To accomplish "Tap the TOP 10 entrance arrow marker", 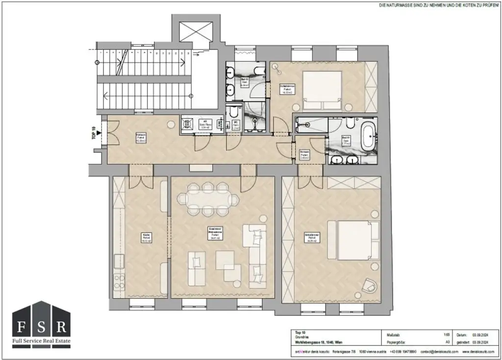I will [x=99, y=132].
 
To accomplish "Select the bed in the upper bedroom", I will [x=322, y=91].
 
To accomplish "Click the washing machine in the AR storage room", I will [x=187, y=124].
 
